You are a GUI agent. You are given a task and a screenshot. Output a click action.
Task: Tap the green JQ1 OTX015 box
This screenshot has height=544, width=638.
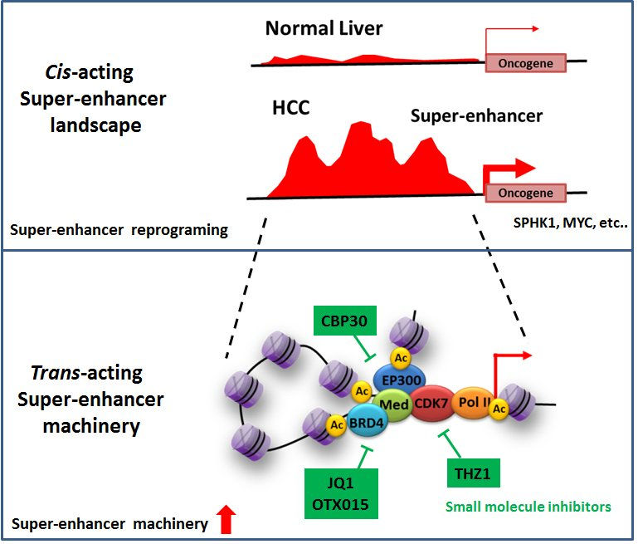pos(340,493)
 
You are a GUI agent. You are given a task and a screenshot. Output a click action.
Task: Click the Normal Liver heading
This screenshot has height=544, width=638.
pos(324,29)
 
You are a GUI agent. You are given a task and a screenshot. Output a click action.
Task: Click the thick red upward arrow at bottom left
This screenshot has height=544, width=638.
pos(226,522)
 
